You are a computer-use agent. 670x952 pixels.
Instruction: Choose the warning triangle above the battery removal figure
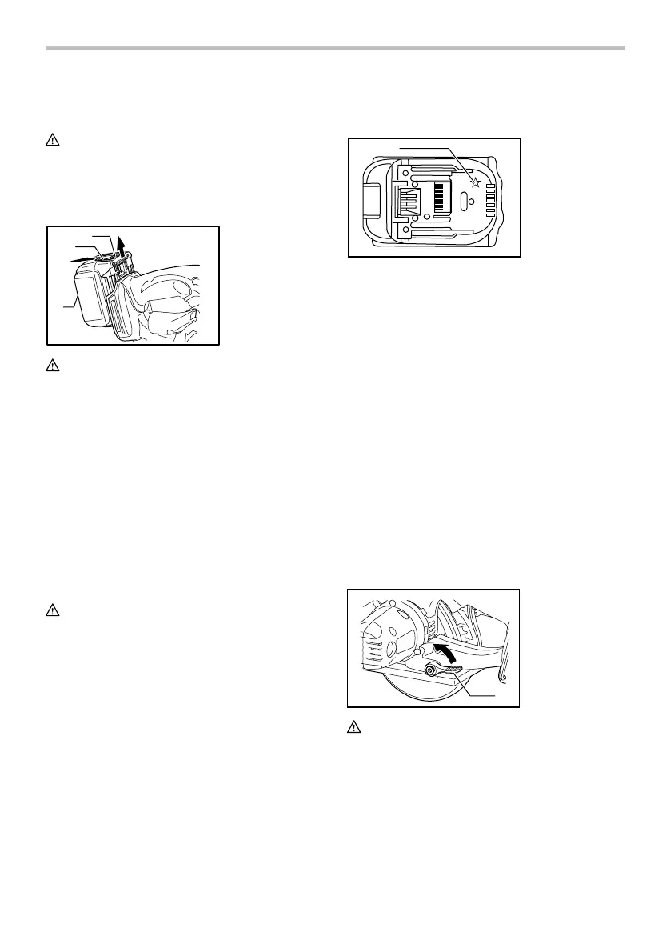(x=51, y=139)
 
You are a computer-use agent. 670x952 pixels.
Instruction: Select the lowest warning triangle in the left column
(x=51, y=609)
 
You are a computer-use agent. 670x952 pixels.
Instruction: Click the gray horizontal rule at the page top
(x=335, y=48)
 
